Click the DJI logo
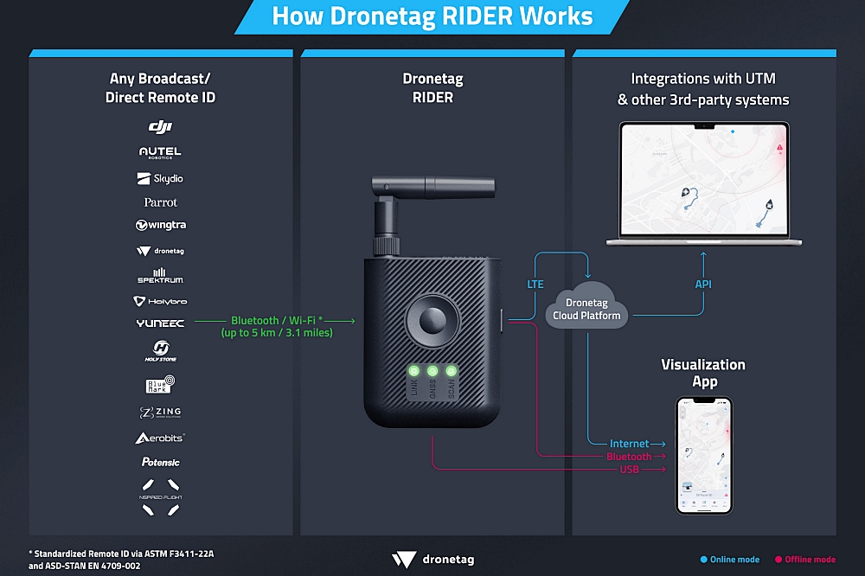click(160, 127)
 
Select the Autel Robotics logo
click(160, 152)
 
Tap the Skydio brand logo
click(160, 178)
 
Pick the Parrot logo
click(160, 202)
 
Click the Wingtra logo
click(160, 225)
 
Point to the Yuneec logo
click(160, 323)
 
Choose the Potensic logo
click(160, 462)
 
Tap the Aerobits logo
click(160, 438)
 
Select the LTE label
click(535, 284)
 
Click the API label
click(703, 284)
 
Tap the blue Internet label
click(629, 444)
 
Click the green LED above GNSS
click(432, 371)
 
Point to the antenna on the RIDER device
click(432, 185)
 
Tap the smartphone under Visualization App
click(703, 455)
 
